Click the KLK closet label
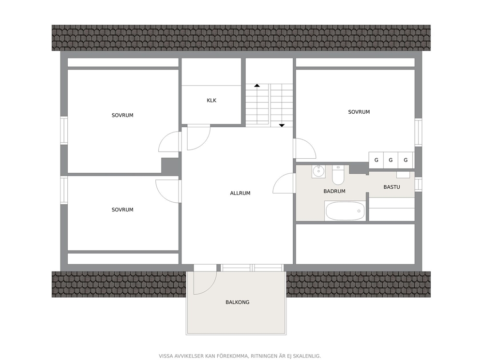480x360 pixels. pos(211,101)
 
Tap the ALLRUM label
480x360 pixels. pos(240,193)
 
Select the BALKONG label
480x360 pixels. pos(238,302)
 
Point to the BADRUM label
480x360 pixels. pos(334,191)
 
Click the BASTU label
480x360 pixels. pos(392,187)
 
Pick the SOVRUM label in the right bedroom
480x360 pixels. pos(359,112)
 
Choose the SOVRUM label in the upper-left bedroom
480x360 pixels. pos(122,116)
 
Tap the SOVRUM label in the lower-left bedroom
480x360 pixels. pos(122,210)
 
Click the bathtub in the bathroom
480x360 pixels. pos(345,211)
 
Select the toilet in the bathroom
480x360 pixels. pos(338,175)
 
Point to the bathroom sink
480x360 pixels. pos(319,171)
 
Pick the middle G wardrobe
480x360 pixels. pos(390,160)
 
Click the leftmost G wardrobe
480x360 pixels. pos(376,160)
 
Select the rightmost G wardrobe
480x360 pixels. pos(405,160)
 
